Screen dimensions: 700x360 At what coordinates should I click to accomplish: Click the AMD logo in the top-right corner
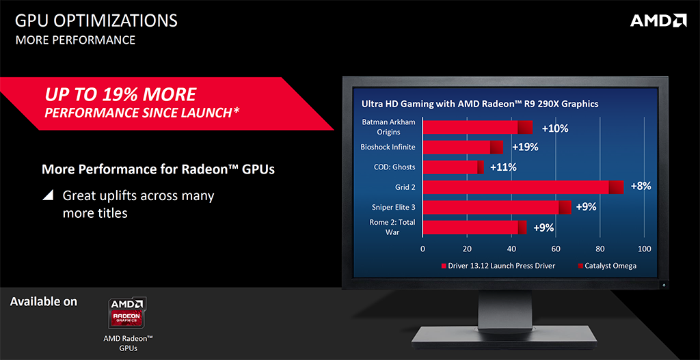[x=658, y=20]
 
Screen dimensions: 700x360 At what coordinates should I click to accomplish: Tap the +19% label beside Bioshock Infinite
[x=526, y=148]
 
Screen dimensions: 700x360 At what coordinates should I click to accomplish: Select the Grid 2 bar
[x=523, y=187]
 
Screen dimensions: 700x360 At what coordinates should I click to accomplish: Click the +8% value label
[x=641, y=186]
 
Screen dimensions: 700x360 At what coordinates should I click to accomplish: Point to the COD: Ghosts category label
[x=394, y=167]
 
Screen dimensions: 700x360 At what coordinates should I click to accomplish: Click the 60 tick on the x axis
[x=555, y=249]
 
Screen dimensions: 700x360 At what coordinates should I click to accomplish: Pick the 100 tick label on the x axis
[x=644, y=249]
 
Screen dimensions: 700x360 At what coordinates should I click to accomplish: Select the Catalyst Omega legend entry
[x=607, y=266]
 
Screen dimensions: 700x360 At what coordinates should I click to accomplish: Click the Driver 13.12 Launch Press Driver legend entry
[x=498, y=266]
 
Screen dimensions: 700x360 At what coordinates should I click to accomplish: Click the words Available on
[x=43, y=301]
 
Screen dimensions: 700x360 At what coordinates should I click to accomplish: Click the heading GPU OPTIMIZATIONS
[x=96, y=20]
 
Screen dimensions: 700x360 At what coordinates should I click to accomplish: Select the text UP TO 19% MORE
[x=120, y=94]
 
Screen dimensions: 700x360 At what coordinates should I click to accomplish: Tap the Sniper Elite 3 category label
[x=393, y=207]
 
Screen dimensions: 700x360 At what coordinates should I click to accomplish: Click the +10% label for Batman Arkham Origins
[x=555, y=128]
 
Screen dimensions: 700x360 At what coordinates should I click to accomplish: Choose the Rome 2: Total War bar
[x=474, y=227]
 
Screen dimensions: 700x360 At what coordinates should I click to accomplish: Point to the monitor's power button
[x=664, y=284]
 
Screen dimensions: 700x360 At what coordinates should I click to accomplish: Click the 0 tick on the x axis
[x=422, y=249]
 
